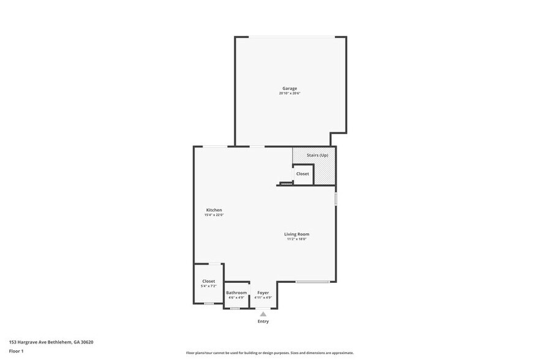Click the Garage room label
click(290, 88)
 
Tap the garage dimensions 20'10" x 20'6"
click(290, 94)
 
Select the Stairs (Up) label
click(317, 156)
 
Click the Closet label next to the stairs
click(302, 174)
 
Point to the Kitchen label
click(214, 210)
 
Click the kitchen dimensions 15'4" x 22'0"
click(214, 215)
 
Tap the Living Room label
click(296, 234)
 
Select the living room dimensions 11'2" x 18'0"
click(296, 239)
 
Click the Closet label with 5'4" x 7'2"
click(209, 281)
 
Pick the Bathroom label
click(236, 293)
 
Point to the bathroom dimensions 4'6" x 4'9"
click(236, 298)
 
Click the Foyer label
click(263, 293)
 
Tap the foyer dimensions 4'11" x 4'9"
click(263, 298)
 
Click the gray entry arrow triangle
click(263, 314)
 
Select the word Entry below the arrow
click(263, 321)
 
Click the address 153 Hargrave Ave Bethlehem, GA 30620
click(51, 342)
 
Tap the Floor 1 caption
click(17, 351)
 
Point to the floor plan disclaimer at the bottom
click(269, 353)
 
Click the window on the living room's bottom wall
click(313, 282)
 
